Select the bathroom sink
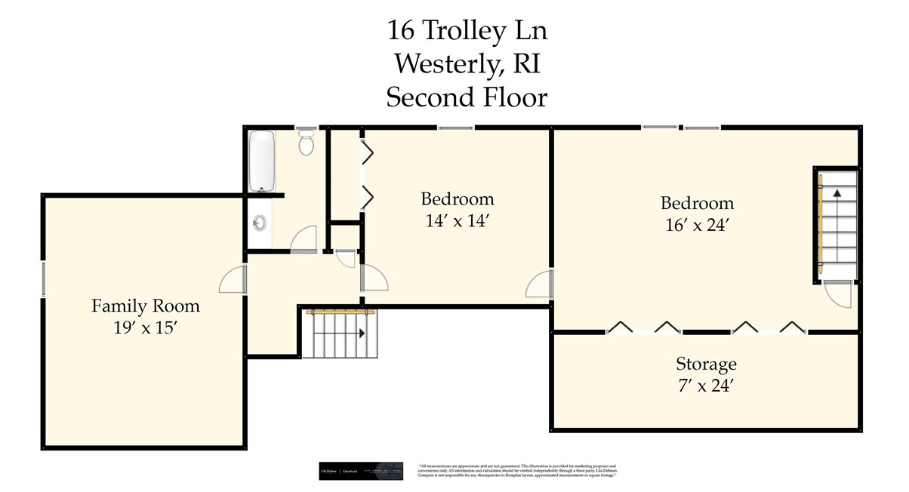click(x=260, y=223)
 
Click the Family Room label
click(x=146, y=306)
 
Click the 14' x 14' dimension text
click(x=458, y=221)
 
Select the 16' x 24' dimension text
click(x=698, y=224)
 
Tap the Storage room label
click(x=706, y=364)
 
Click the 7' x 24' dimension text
click(x=706, y=386)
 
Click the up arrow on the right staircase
click(x=837, y=193)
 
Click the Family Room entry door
click(x=233, y=280)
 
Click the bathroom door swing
click(x=304, y=238)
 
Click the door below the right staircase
click(x=838, y=292)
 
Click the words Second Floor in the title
click(x=467, y=97)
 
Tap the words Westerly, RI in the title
click(x=467, y=64)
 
